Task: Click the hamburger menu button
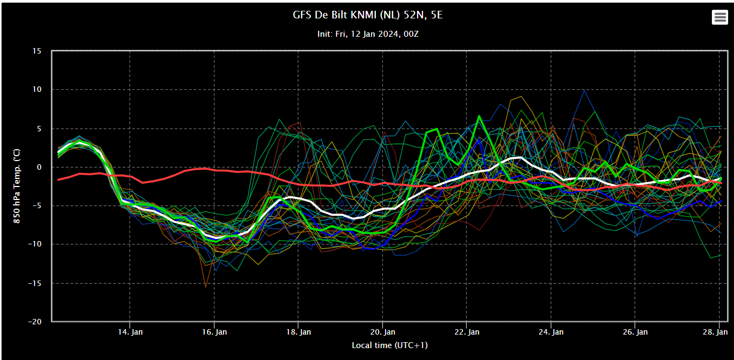719,17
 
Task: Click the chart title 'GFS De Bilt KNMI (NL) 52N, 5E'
367,15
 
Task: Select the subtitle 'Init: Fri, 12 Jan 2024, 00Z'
368,34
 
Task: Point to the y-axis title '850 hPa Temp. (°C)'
17,186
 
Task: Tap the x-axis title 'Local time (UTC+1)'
389,345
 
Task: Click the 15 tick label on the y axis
37,51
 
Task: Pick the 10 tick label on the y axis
37,89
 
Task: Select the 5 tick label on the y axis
39,129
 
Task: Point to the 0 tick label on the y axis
39,167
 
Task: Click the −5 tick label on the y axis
35,206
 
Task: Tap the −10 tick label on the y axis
34,244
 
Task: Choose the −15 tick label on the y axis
34,283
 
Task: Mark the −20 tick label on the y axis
34,322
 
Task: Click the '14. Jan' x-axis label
130,332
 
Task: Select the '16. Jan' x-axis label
214,332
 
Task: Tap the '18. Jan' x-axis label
299,332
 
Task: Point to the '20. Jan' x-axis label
383,332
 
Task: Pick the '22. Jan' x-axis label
467,332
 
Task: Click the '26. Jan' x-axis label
635,332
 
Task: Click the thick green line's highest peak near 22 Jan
479,116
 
